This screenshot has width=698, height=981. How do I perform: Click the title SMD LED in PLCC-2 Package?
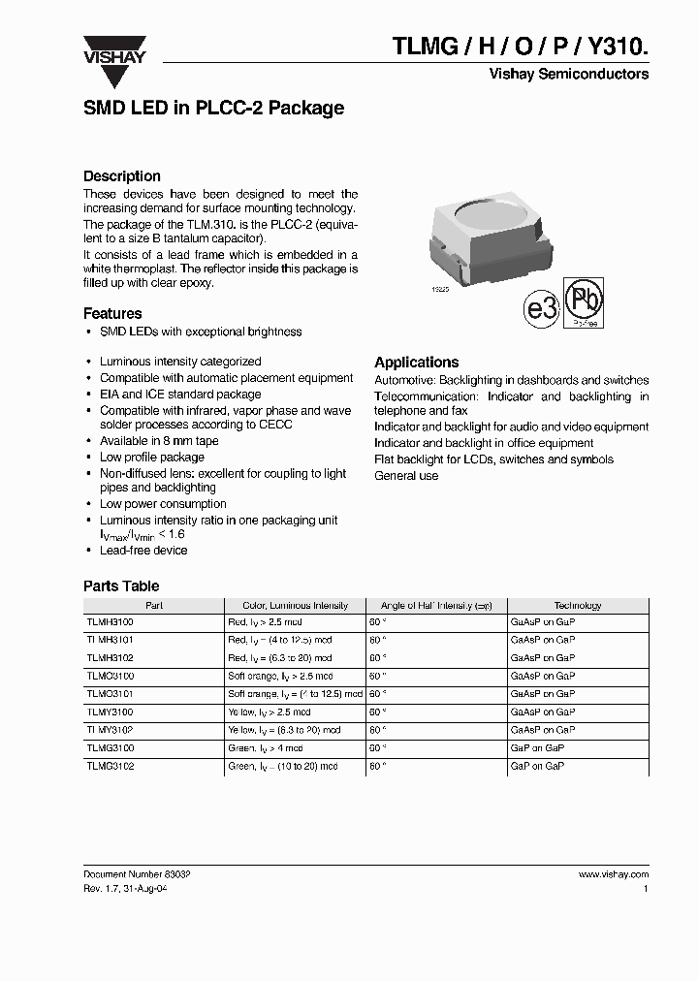[x=213, y=109]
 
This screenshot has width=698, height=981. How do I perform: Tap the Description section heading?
[x=122, y=176]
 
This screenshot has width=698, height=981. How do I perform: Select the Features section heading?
[x=112, y=313]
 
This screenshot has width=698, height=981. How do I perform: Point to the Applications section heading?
[x=416, y=362]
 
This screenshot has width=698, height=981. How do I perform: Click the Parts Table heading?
[x=121, y=585]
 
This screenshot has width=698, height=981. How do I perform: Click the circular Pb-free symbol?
[x=585, y=304]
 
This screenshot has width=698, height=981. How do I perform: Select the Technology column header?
[x=578, y=605]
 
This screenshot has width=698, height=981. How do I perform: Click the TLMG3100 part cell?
[x=111, y=748]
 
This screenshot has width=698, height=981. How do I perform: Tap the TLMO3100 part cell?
[x=111, y=676]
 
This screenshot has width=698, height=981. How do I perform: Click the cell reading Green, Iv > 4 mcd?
[x=266, y=748]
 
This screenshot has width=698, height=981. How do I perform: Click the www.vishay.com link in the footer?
[x=614, y=873]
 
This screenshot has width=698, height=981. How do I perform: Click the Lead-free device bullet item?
[x=143, y=550]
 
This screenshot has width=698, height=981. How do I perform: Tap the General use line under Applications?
[x=406, y=476]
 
